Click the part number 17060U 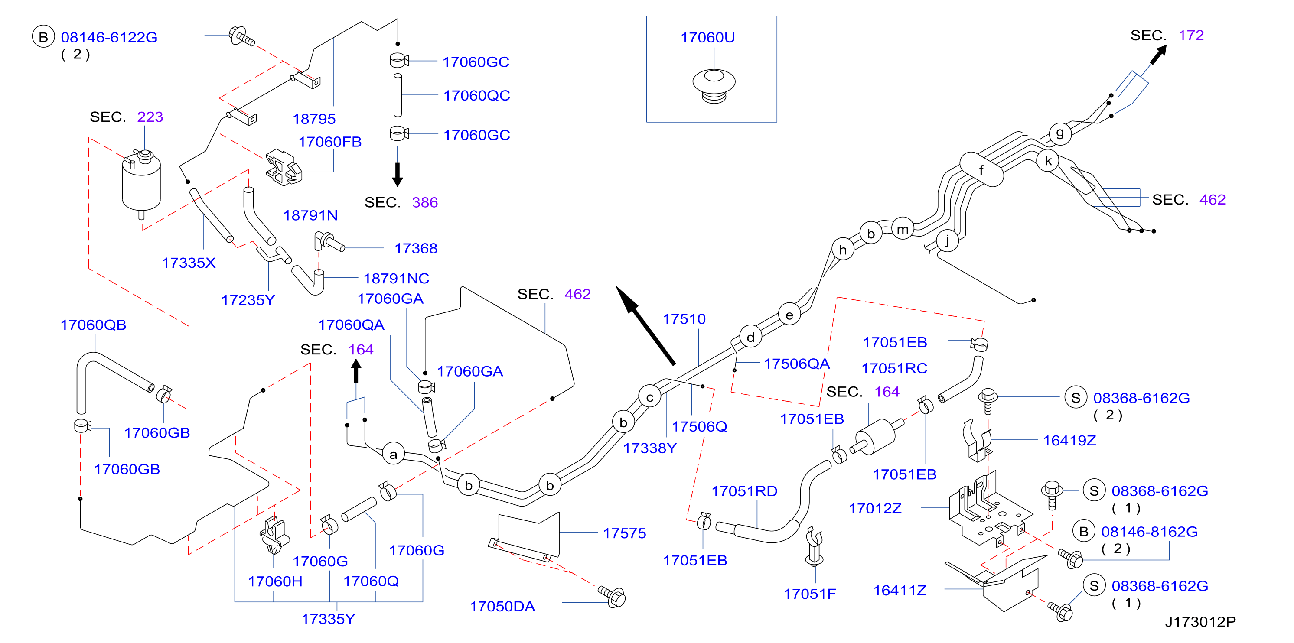(x=707, y=38)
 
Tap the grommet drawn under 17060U (x=714, y=86)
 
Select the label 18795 (x=314, y=119)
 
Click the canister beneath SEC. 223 (x=141, y=183)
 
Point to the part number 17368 (x=416, y=248)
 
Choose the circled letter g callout (x=1060, y=133)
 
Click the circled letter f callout (x=981, y=170)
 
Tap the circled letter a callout (x=393, y=454)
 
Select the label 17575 (x=624, y=533)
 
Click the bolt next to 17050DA (x=613, y=596)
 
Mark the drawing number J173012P (x=1200, y=622)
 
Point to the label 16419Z (x=1069, y=440)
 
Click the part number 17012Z (x=875, y=509)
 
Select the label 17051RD (x=744, y=491)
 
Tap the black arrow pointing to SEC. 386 (x=398, y=175)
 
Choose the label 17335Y (x=328, y=619)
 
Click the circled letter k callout (x=1048, y=161)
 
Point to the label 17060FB (x=330, y=142)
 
